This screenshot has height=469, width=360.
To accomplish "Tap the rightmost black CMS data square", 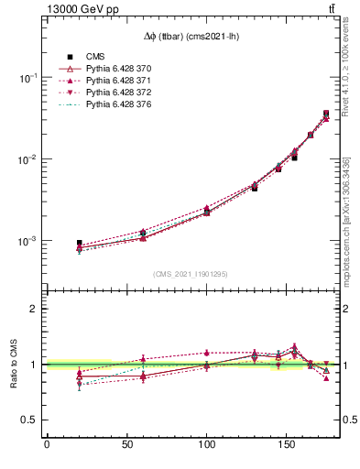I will click(x=326, y=114).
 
